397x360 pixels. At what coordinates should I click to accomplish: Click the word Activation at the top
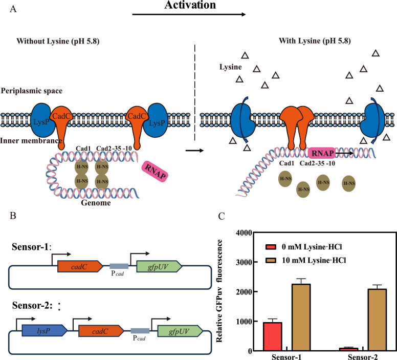pos(190,5)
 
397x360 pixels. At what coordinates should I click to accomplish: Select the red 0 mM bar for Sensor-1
pos(273,336)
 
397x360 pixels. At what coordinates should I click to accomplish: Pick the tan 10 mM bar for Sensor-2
pos(377,320)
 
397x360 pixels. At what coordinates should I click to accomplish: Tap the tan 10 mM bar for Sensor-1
pos(301,317)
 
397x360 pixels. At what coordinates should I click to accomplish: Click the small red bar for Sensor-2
pos(348,349)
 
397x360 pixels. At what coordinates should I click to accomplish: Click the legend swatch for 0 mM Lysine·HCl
pos(271,247)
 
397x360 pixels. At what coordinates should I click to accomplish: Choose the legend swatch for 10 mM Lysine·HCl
pos(271,260)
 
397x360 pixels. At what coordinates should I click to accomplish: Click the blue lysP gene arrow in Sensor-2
pos(45,331)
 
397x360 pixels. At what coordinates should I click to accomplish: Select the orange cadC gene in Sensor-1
pos(80,266)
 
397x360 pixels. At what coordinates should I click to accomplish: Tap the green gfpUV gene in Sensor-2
pos(180,331)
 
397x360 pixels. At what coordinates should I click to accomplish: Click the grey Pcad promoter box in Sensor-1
pos(119,266)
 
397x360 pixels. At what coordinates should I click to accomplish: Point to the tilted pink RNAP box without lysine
pos(155,172)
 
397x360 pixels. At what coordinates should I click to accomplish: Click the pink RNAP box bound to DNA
pos(322,154)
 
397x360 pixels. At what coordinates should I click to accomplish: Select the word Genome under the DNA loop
pos(96,203)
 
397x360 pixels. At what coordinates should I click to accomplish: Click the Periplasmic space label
pos(32,91)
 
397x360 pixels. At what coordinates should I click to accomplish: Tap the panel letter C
pos(222,216)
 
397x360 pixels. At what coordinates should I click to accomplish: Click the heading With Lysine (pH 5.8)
pos(315,41)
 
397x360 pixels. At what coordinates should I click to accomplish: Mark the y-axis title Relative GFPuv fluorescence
pos(219,291)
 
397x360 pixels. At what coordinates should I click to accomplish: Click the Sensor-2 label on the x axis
pos(363,357)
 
